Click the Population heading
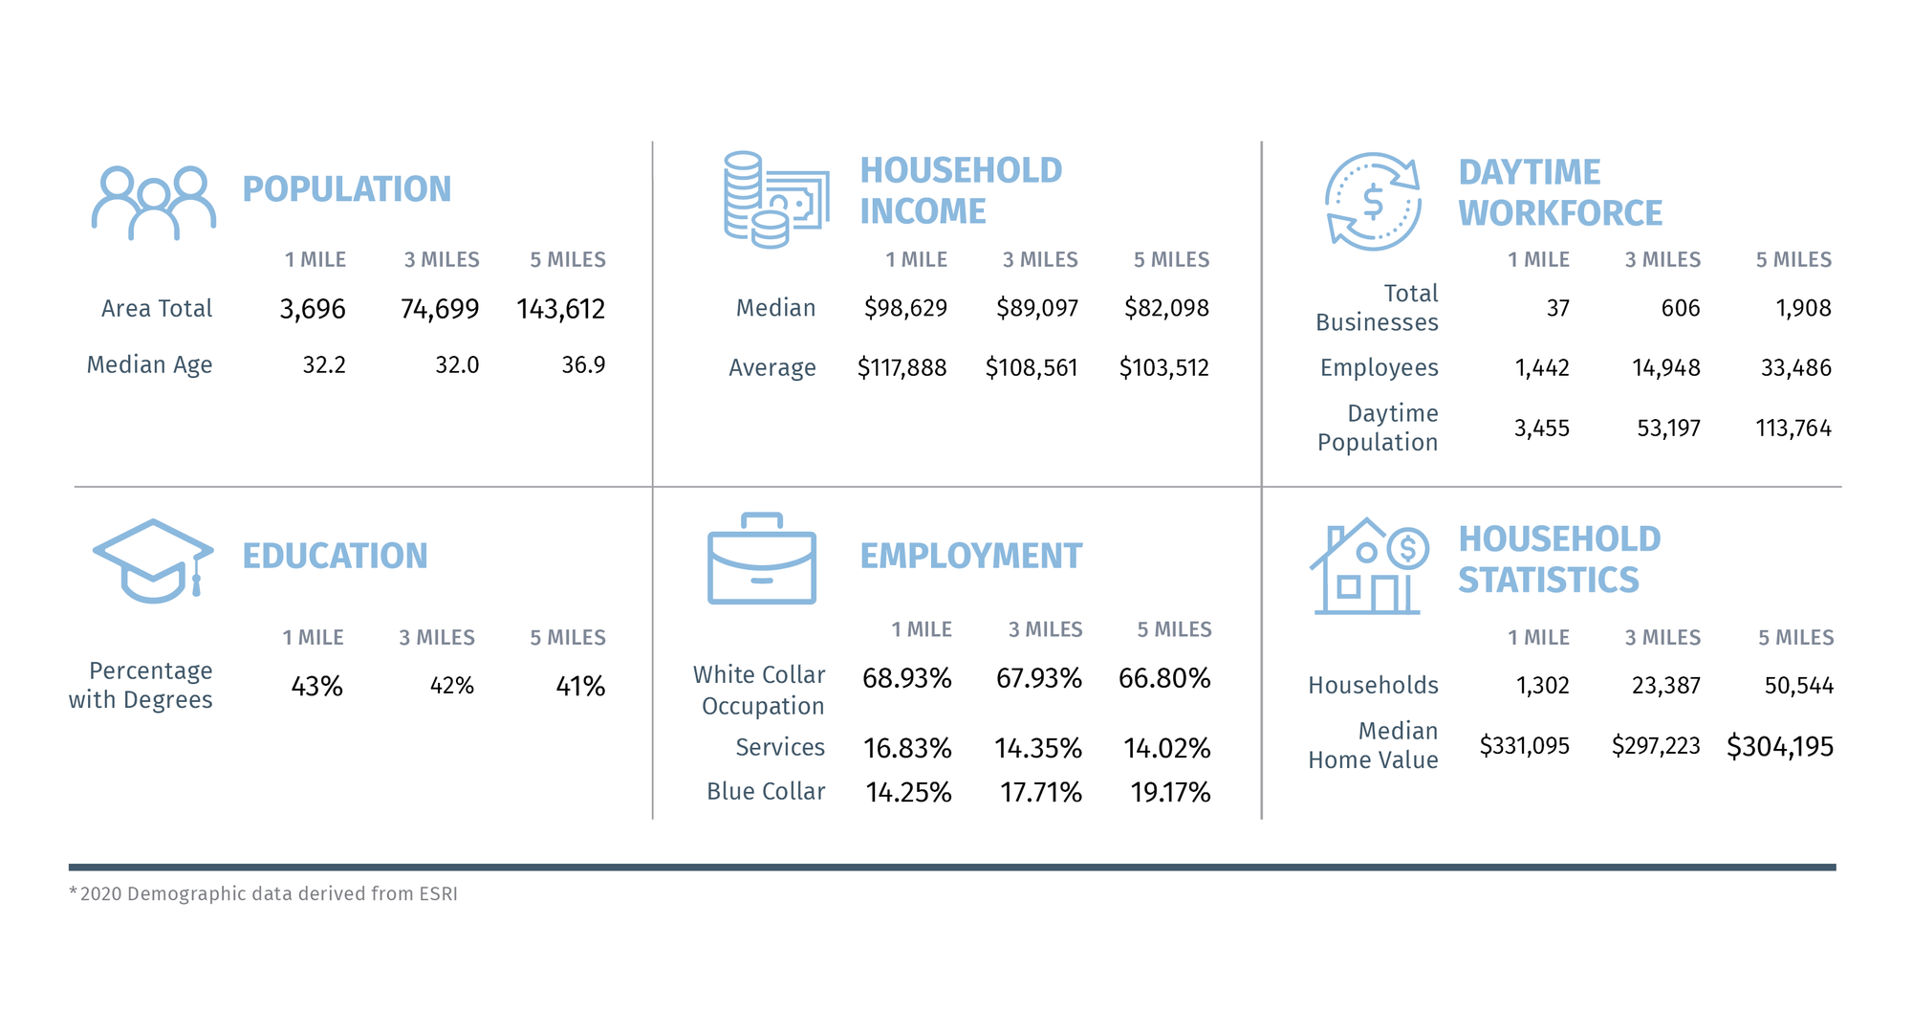coord(346,189)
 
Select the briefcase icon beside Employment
coord(762,560)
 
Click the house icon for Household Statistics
coord(1367,566)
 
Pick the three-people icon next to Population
coord(153,203)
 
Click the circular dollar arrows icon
coord(1373,202)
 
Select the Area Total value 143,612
coord(561,309)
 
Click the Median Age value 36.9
coord(583,365)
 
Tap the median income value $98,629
coord(905,308)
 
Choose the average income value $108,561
coord(1032,368)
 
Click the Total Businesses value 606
coord(1681,308)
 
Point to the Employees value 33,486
coord(1796,368)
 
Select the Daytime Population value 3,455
coord(1541,429)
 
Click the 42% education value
coord(452,686)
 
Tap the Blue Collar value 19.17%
coord(1170,793)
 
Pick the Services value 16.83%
coord(907,748)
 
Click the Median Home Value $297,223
coord(1656,746)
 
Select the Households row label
coord(1373,686)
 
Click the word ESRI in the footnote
coord(438,894)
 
